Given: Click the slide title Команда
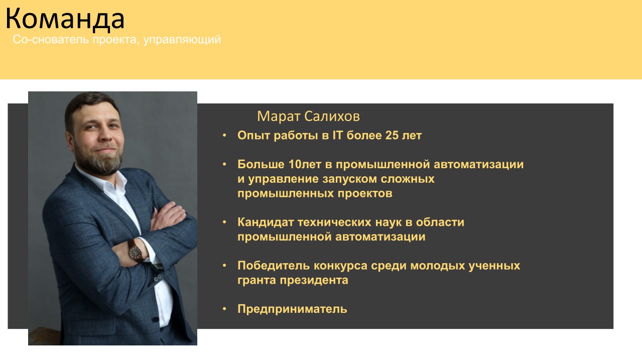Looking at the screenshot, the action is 65,19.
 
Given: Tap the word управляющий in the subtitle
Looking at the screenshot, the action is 182,40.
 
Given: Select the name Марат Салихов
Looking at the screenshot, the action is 308,116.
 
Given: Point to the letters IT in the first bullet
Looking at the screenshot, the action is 337,136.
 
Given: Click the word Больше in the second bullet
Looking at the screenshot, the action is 261,164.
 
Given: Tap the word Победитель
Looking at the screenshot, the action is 274,266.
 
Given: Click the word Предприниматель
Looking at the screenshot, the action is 292,309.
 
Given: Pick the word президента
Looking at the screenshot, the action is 314,280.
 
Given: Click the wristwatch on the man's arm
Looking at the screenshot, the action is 135,250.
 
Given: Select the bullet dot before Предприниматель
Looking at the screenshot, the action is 224,309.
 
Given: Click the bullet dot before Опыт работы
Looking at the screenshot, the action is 224,135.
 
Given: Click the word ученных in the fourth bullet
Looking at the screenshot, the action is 494,266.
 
